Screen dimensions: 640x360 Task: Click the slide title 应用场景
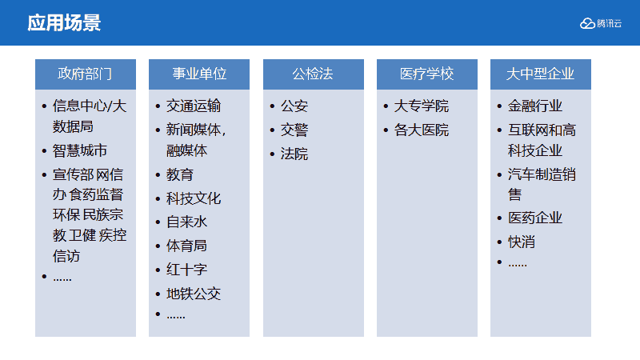(x=64, y=23)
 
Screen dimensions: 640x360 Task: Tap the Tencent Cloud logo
(x=601, y=24)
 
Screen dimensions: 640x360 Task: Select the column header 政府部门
(x=85, y=74)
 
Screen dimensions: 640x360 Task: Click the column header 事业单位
(x=199, y=74)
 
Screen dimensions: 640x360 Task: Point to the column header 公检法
(x=313, y=74)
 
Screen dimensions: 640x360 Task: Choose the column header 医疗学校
(x=426, y=74)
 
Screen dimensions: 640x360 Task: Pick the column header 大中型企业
(x=541, y=74)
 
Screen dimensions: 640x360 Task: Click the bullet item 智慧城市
(x=79, y=150)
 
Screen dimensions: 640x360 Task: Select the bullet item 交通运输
(x=194, y=106)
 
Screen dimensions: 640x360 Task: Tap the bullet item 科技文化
(x=194, y=198)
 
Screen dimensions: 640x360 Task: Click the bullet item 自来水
(x=186, y=222)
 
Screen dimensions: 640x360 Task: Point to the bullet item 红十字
(x=186, y=270)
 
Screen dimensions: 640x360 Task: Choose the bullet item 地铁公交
(x=194, y=294)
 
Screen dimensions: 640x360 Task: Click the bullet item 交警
(x=294, y=130)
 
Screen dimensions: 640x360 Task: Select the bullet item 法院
(x=294, y=154)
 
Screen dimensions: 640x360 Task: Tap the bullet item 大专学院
(x=422, y=106)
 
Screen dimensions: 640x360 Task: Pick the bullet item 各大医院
(x=422, y=130)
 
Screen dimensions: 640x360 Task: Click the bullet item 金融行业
(x=535, y=106)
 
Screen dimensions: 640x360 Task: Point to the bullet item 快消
(x=522, y=242)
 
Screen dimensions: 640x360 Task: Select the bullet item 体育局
(x=186, y=246)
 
